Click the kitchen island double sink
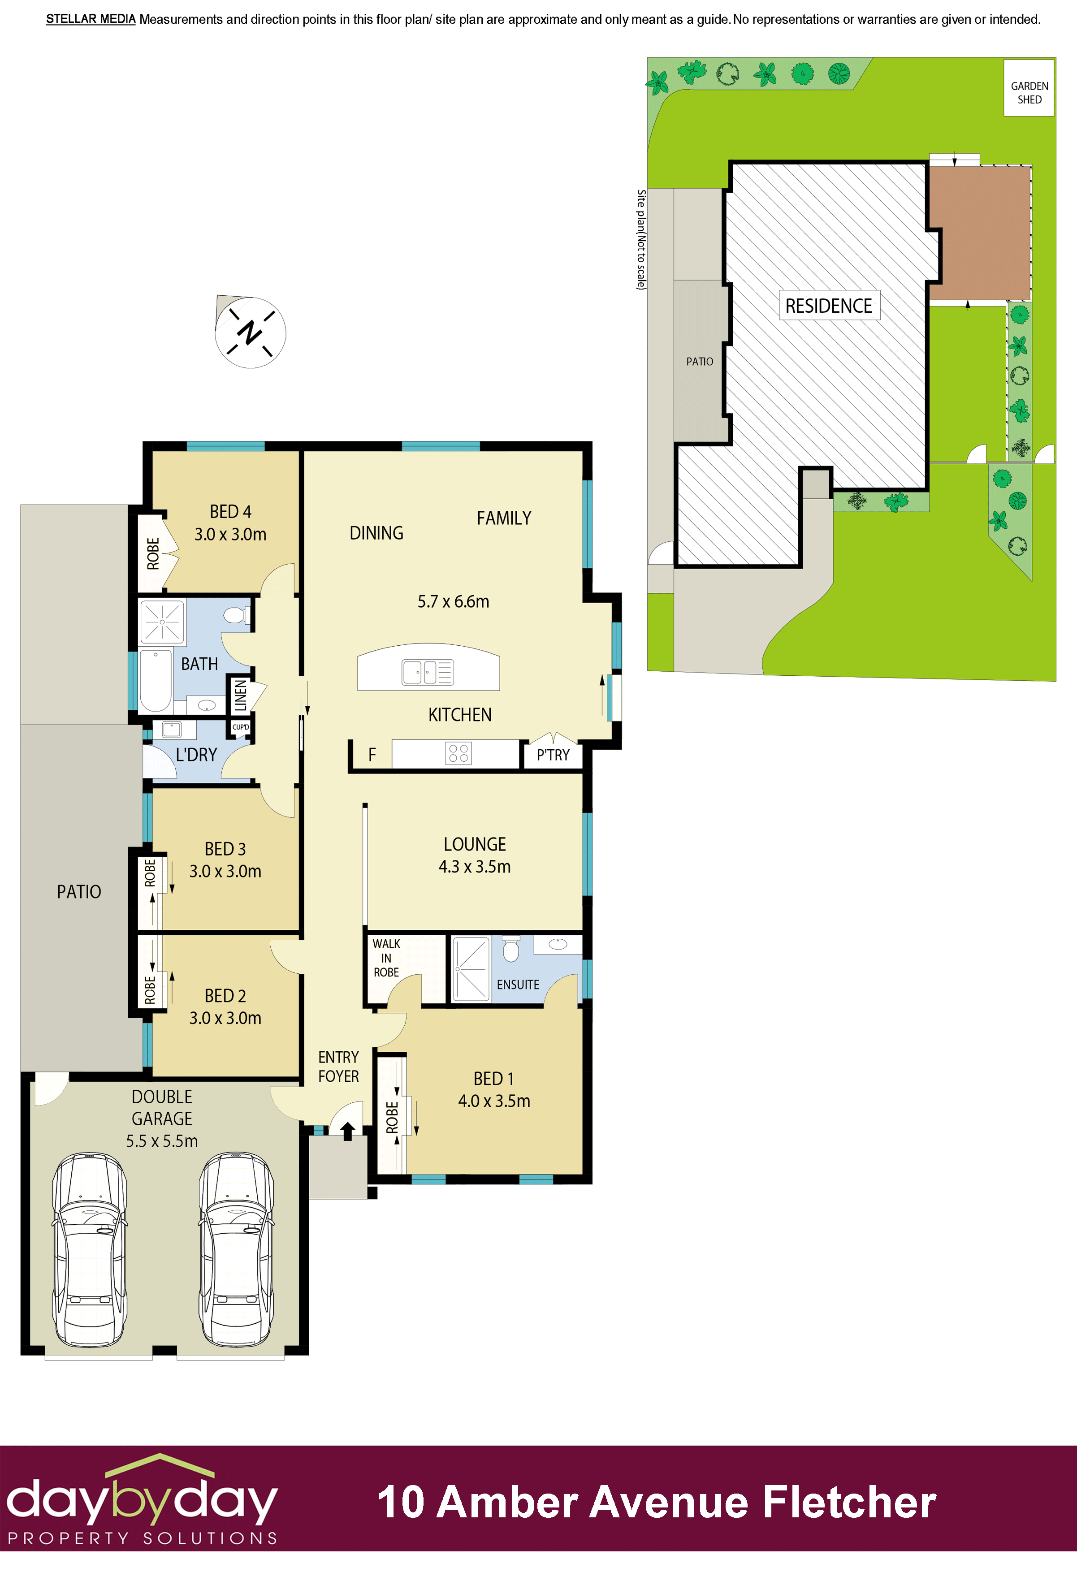click(428, 672)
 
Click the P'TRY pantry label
click(553, 756)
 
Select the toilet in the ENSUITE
click(511, 949)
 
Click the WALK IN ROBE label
click(386, 958)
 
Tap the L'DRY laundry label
click(196, 755)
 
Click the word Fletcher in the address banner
click(849, 1503)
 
